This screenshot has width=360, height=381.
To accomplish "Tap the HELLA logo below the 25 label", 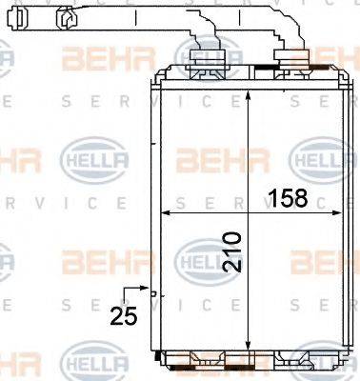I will (89, 364).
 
